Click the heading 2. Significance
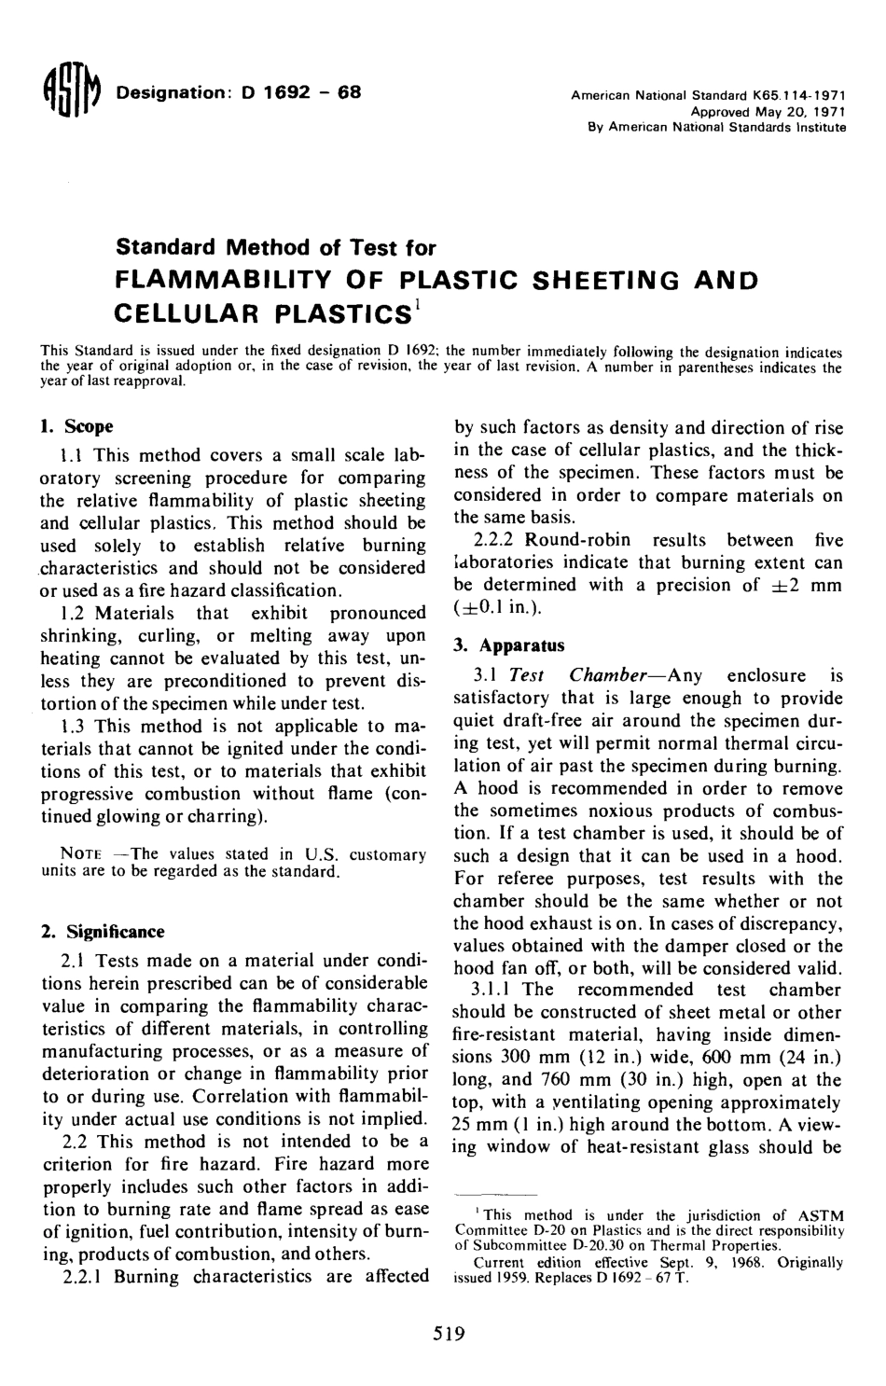[x=104, y=932]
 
